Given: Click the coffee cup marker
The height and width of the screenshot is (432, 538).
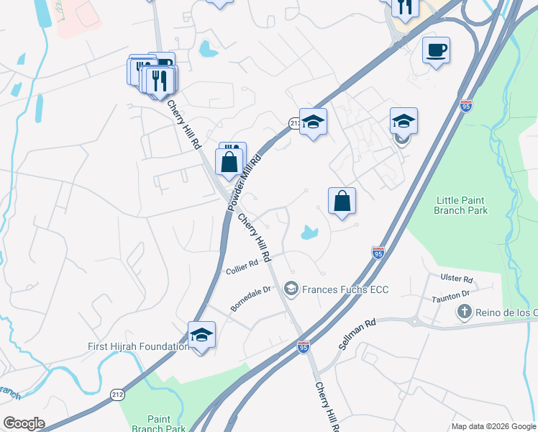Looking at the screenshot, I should click(x=436, y=50).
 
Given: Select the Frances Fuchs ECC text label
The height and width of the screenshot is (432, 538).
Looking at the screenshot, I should click(x=345, y=289).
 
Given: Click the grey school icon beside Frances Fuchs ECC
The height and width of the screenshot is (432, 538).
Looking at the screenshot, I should click(x=291, y=289).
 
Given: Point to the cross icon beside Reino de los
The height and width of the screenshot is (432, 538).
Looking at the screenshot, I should click(x=465, y=312).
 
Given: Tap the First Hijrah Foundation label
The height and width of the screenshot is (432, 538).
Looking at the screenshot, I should click(x=138, y=346).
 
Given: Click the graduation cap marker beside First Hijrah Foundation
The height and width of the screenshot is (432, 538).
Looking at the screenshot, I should click(x=202, y=336).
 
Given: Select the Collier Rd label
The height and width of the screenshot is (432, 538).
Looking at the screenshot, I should click(x=242, y=267).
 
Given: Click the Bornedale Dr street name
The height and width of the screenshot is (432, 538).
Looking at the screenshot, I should click(x=250, y=298).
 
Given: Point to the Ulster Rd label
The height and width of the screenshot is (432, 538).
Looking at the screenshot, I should click(x=457, y=279).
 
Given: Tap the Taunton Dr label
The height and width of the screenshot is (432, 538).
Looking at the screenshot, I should click(x=450, y=294).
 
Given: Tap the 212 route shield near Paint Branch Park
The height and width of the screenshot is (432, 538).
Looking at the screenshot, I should click(x=117, y=394).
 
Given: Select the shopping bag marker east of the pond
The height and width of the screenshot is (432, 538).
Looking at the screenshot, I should click(x=342, y=202).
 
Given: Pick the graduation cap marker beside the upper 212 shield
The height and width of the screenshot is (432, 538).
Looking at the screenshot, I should click(x=313, y=122).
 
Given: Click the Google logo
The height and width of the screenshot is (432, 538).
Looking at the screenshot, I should click(x=24, y=423).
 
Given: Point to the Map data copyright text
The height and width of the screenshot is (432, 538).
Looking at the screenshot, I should click(x=493, y=426).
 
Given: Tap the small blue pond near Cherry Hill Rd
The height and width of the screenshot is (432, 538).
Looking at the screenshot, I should click(x=309, y=233).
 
